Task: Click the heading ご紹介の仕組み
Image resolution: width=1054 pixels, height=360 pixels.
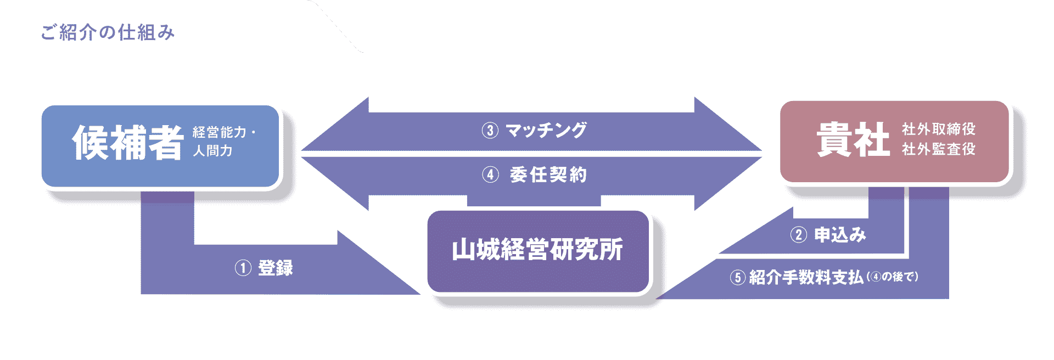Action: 108,32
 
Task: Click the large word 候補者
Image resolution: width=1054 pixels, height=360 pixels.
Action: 127,143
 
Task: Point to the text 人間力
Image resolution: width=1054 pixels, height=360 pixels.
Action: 212,150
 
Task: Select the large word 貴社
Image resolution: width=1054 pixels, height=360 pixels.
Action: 853,139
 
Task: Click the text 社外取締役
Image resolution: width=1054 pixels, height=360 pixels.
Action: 939,129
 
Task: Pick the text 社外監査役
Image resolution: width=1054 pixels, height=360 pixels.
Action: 939,149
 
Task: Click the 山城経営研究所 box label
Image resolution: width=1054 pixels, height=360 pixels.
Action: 537,250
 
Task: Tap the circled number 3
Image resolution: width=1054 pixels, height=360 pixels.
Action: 490,131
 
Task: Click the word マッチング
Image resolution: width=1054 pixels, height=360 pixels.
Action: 546,131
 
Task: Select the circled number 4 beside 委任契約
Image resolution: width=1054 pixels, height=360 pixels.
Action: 490,175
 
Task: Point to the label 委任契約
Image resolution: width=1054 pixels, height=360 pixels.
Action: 548,175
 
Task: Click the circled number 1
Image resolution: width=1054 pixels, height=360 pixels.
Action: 243,268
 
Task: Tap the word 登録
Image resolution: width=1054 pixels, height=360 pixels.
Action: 276,268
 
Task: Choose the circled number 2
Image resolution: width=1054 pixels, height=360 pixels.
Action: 798,235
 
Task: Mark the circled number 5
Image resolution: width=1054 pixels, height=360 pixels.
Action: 738,278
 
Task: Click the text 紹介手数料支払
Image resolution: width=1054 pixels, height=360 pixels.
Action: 806,278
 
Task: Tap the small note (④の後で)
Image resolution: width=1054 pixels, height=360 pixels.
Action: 893,277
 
